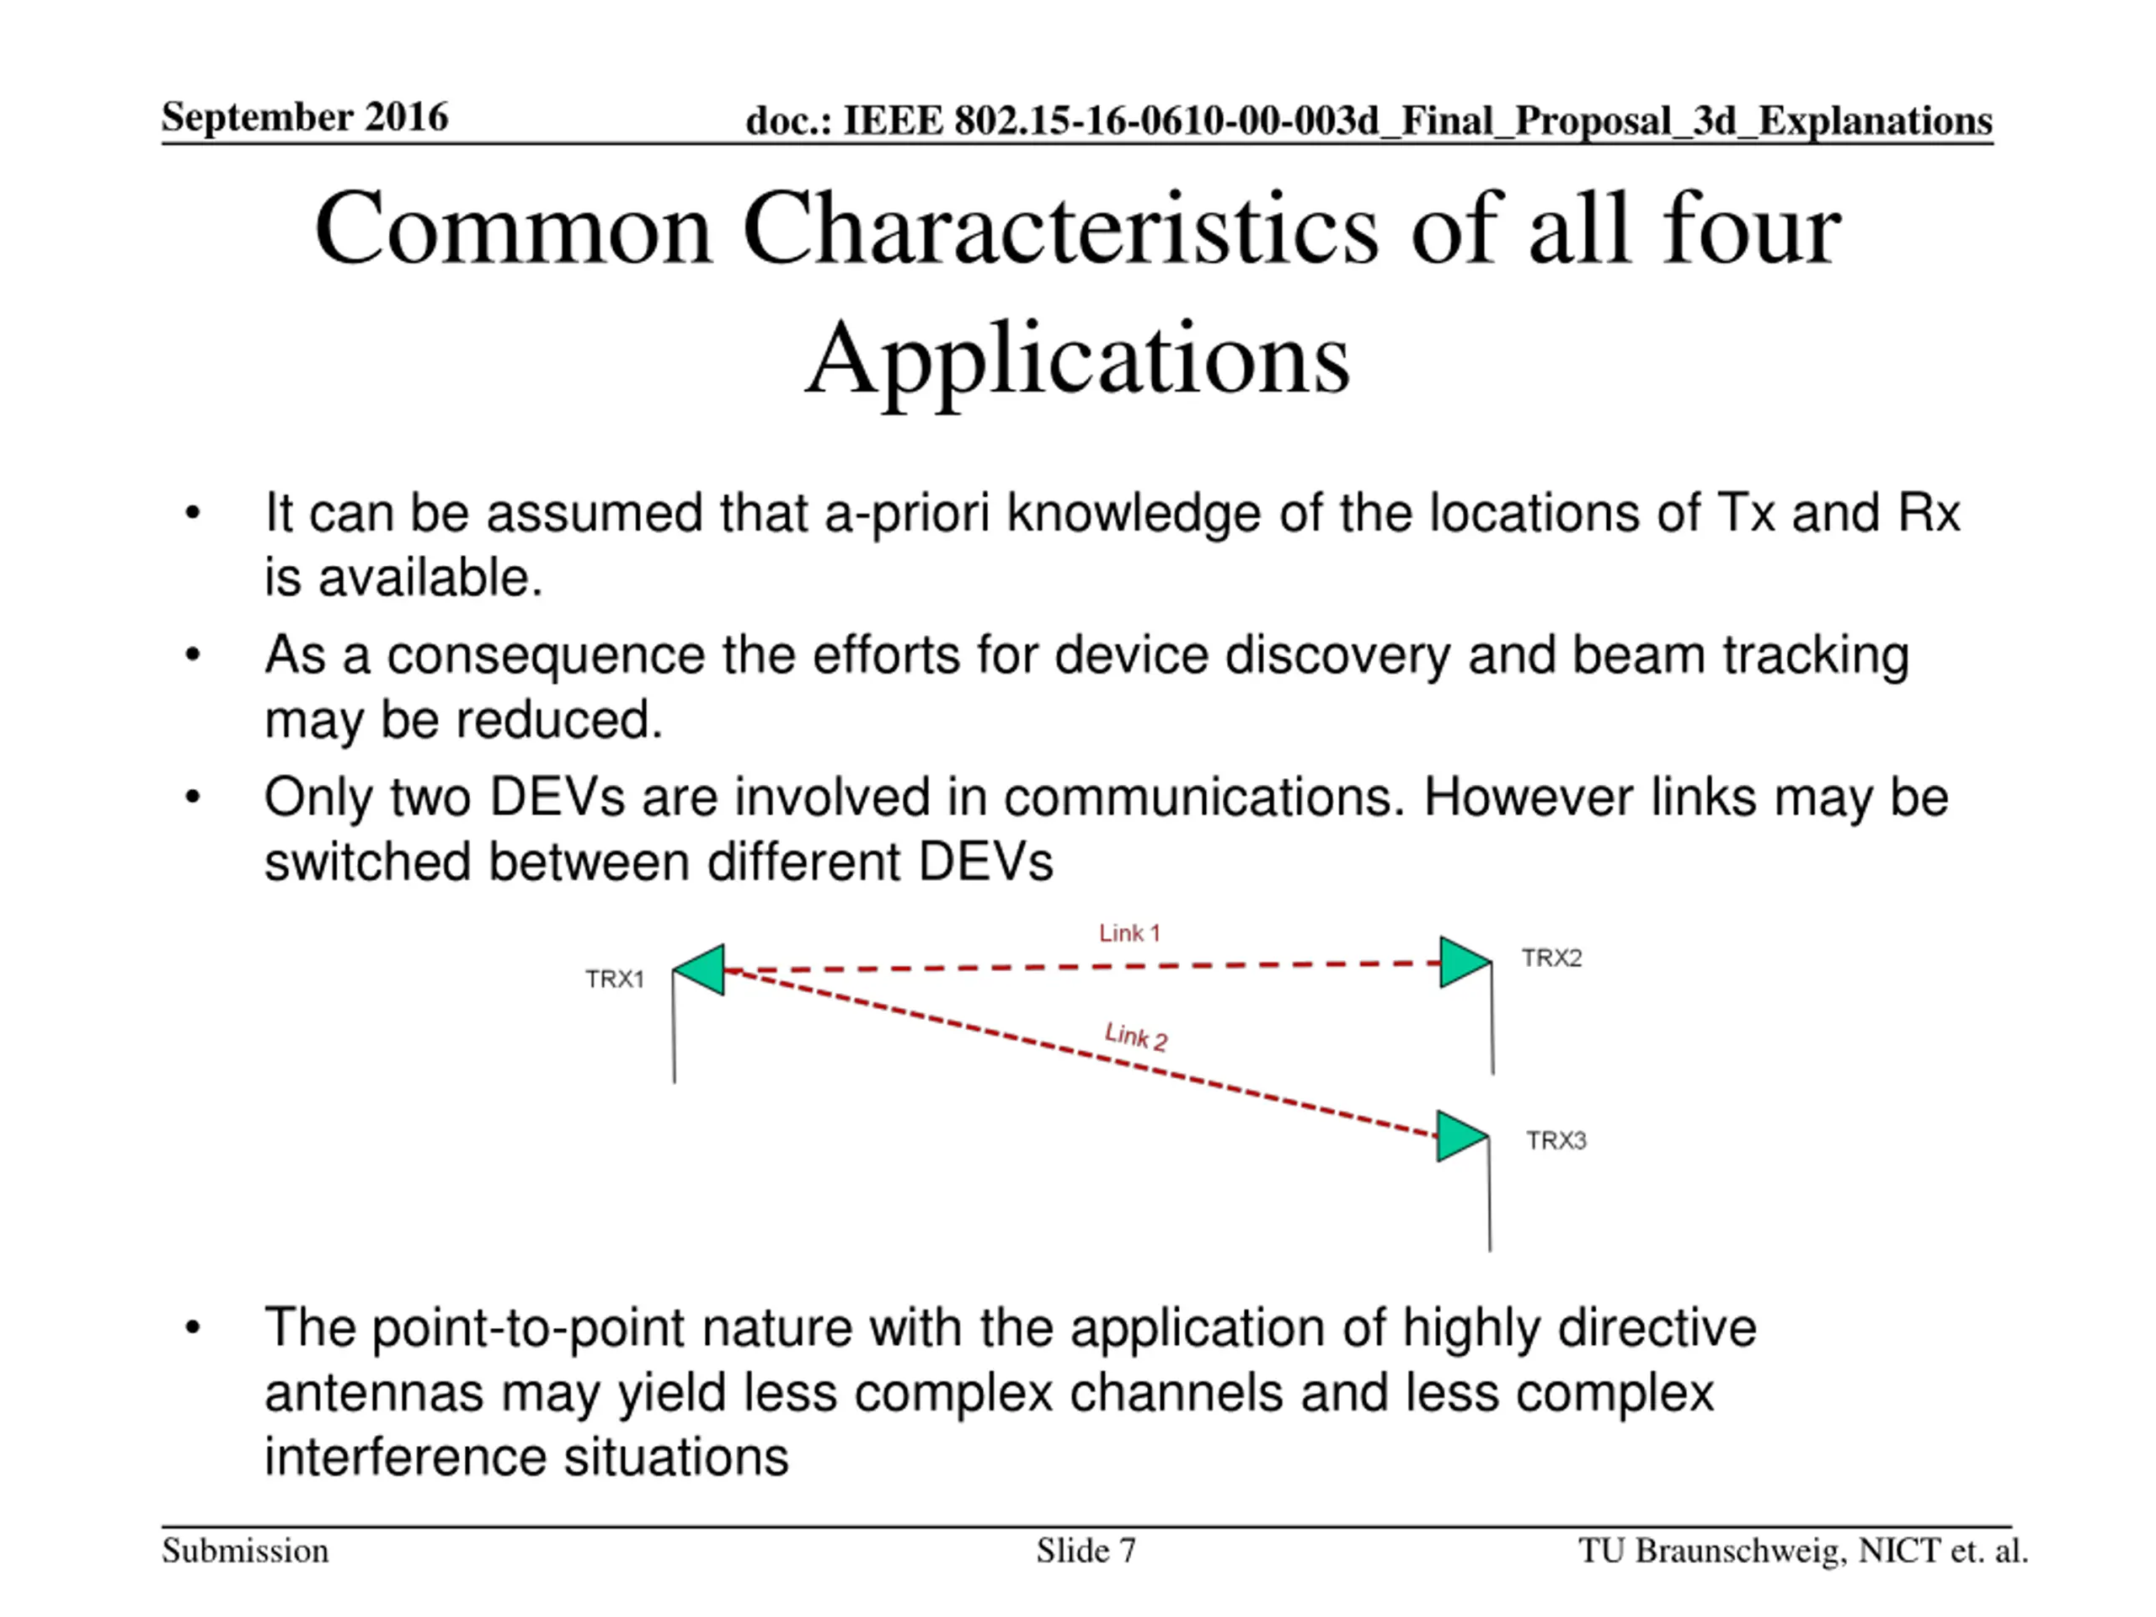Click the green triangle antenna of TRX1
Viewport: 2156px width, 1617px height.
[702, 970]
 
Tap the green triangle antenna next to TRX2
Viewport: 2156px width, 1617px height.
[1462, 962]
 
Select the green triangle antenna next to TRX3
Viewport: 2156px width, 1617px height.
[1460, 1136]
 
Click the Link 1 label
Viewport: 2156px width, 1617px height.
[1129, 933]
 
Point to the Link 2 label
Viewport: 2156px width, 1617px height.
[1135, 1036]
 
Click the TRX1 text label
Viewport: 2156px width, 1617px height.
[614, 979]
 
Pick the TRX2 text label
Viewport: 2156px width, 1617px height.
[1551, 958]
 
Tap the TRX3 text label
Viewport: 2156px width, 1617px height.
[1556, 1140]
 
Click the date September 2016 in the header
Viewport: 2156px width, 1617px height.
[304, 117]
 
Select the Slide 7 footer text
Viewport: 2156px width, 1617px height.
[1086, 1550]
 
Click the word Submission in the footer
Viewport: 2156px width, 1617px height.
[244, 1550]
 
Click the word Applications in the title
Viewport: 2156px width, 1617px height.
[1077, 360]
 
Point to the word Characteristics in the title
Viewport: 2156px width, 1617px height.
[1060, 231]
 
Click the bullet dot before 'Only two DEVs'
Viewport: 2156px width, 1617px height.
[193, 798]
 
